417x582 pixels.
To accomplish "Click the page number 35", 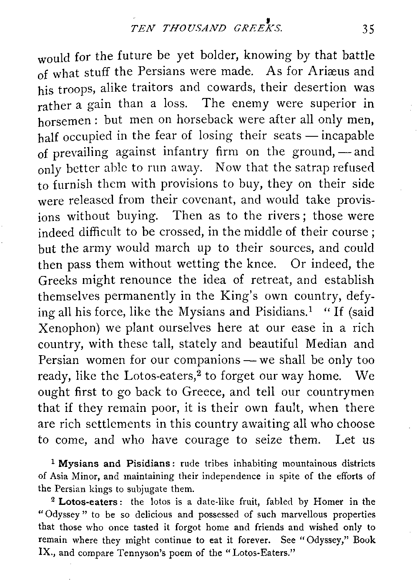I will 368,29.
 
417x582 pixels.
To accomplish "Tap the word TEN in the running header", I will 140,29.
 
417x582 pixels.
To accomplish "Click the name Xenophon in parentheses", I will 68,329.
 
